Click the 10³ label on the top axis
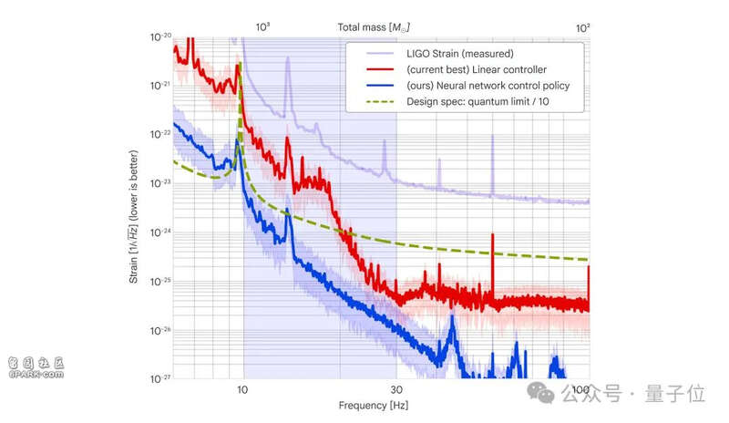(x=262, y=27)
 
